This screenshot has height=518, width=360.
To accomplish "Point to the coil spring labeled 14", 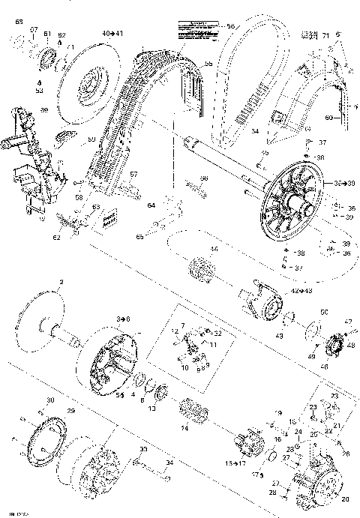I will tap(193, 412).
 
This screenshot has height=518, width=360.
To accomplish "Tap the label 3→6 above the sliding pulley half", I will tap(121, 319).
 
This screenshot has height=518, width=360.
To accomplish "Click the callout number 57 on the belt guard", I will tap(134, 174).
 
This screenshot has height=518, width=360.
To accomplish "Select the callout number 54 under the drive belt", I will tap(255, 131).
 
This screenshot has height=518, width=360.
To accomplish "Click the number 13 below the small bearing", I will tap(152, 409).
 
